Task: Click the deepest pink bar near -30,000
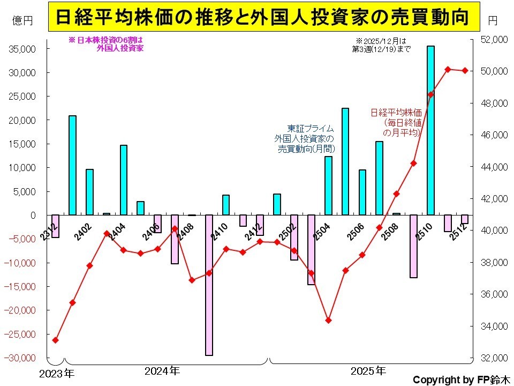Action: [209, 285]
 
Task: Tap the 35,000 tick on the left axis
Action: [22, 49]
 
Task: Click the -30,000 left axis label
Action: [21, 357]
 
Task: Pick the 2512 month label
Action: [460, 233]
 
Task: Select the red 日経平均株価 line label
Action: [396, 122]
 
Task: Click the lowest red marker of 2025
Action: [329, 321]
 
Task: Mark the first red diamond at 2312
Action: [55, 340]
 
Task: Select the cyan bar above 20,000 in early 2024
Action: [72, 165]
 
